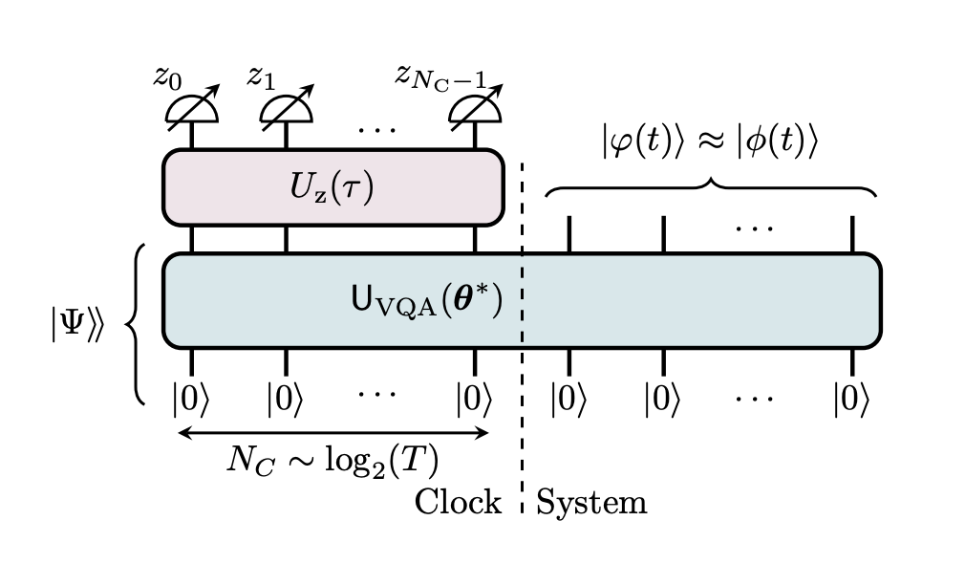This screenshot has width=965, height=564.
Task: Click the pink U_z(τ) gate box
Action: [332, 186]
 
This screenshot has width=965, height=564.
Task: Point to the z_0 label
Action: [168, 76]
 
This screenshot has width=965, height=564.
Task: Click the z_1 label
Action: [261, 76]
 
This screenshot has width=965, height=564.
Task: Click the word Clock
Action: [458, 501]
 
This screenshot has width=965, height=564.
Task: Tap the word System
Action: [591, 501]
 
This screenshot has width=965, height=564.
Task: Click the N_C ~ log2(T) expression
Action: [332, 462]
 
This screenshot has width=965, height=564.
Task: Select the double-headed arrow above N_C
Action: [333, 432]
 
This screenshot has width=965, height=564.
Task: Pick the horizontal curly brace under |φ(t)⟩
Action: [710, 187]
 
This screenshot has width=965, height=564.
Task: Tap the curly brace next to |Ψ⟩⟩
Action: [136, 324]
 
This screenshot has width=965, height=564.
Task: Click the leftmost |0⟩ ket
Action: [191, 398]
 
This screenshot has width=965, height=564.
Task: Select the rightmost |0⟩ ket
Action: [852, 398]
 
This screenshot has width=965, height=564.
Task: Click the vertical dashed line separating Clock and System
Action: [522, 335]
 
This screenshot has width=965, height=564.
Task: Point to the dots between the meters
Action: [381, 124]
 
